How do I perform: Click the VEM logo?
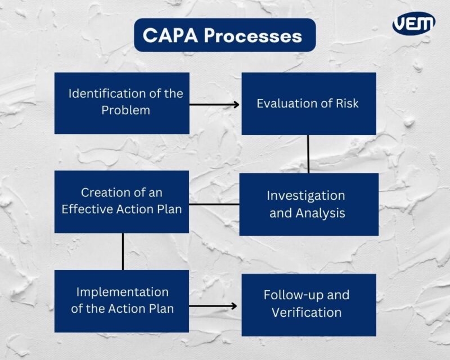pos(413,24)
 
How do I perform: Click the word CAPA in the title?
pos(169,35)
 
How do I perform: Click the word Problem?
pos(125,110)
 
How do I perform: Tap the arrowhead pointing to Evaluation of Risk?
pos(236,104)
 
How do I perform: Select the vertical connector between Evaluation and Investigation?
pos(308,154)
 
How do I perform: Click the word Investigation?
pos(305,196)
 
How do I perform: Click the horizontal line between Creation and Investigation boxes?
pos(214,204)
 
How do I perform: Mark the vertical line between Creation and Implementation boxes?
pos(123,251)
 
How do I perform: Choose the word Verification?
pos(307,312)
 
